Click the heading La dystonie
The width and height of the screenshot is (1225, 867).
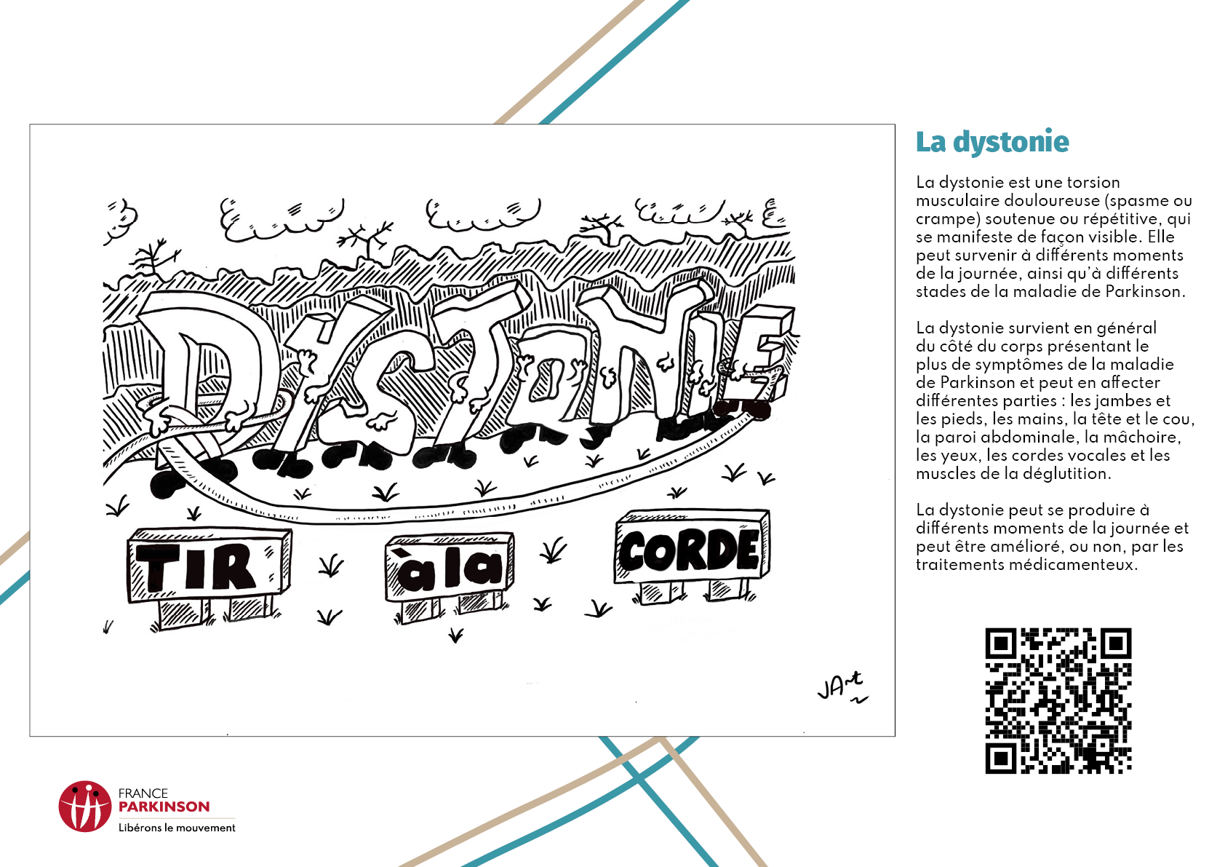pos(992,142)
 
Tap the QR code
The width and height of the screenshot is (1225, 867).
pos(1058,700)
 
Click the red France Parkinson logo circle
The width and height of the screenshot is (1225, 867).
pos(85,807)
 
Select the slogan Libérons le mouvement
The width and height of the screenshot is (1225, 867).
pos(177,828)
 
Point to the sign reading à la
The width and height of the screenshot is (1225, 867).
pos(450,568)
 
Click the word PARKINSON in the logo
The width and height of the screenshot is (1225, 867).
pos(164,807)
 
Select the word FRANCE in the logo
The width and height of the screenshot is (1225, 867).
pos(143,793)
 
